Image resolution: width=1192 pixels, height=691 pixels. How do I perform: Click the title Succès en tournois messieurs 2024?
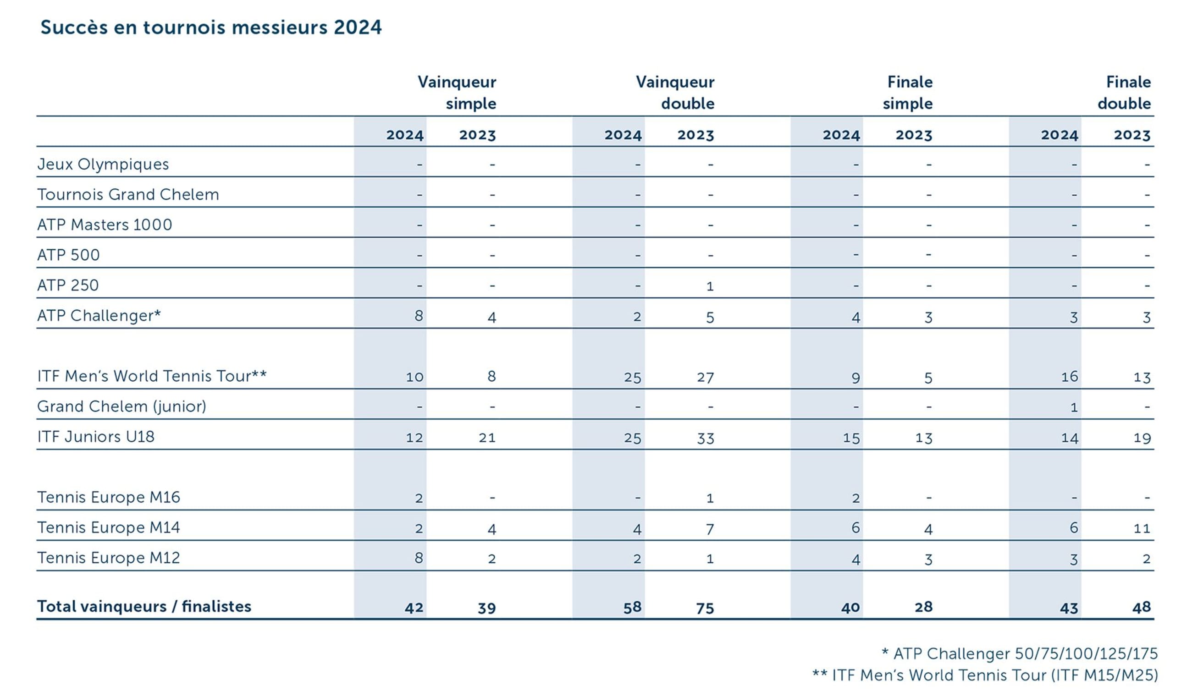pos(211,27)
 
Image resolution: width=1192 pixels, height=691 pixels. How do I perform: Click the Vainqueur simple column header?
pos(457,93)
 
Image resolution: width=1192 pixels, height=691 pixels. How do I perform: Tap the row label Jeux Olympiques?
pos(103,165)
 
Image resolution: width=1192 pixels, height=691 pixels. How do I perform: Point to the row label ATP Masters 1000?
pos(105,225)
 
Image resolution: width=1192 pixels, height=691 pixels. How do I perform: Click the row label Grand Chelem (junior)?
pos(121,406)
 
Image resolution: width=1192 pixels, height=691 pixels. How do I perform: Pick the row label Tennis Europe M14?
pos(109,527)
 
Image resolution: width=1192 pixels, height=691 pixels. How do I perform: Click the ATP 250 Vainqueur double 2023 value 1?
pos(710,286)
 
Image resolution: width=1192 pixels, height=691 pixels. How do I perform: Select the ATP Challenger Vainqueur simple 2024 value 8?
pos(419,316)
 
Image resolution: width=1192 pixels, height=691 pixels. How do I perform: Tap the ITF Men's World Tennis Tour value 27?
pos(705,377)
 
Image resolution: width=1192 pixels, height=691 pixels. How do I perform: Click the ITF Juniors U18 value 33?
pos(705,438)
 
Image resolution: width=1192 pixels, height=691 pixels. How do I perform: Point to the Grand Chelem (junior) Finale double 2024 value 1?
pos(1074,407)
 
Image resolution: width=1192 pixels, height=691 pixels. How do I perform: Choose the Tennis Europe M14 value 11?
pos(1142,528)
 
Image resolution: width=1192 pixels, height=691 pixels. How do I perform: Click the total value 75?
pos(704,608)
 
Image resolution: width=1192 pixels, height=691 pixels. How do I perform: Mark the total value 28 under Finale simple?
pos(923,607)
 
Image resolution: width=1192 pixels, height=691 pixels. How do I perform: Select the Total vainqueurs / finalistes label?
pos(144,607)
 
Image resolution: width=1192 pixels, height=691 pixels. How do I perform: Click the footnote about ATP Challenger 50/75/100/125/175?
pos(1019,654)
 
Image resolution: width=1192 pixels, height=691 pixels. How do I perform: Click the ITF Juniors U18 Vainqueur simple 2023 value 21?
pos(487,438)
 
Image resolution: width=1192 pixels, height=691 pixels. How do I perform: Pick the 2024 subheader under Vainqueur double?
pos(623,135)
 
